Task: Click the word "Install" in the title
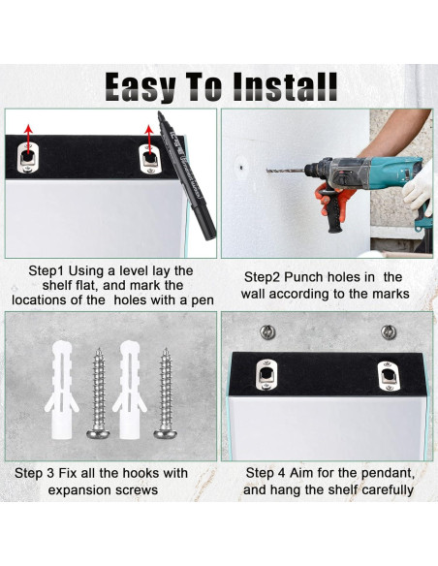[285, 87]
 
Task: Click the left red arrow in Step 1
[28, 137]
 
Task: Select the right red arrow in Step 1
[149, 137]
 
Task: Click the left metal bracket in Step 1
[27, 158]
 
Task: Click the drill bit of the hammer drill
[285, 170]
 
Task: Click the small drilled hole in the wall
[241, 167]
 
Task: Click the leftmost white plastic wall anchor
[62, 390]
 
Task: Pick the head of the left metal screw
[98, 433]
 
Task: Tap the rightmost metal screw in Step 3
[166, 393]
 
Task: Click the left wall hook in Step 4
[267, 332]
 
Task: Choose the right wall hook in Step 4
[389, 332]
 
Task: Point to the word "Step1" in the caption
[47, 270]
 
